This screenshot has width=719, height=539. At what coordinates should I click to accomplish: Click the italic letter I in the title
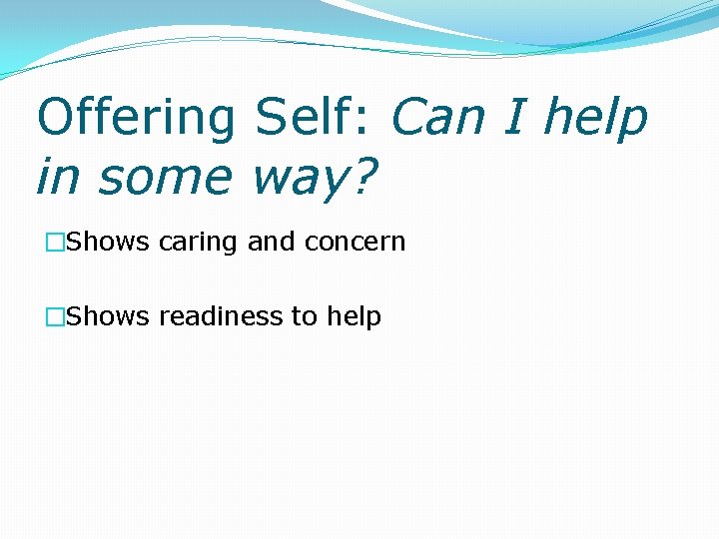click(x=515, y=118)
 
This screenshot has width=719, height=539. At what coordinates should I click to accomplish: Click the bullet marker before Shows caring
click(x=54, y=243)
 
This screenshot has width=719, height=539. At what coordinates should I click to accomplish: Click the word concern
click(x=356, y=243)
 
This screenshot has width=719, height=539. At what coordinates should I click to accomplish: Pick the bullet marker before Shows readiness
click(x=54, y=317)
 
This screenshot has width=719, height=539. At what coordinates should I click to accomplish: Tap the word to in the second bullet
click(x=304, y=317)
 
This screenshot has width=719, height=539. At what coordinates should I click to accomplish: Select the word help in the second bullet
click(x=354, y=317)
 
